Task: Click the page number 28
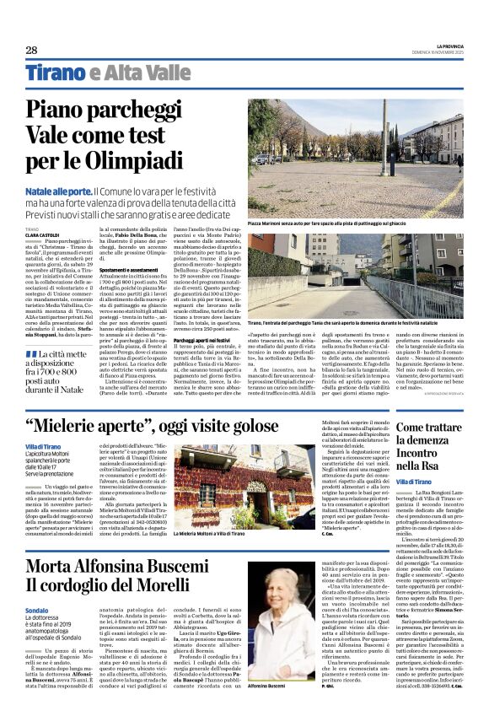[31, 50]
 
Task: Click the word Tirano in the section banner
[55, 73]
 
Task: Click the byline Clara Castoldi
[43, 234]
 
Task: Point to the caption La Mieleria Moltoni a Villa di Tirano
[221, 534]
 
